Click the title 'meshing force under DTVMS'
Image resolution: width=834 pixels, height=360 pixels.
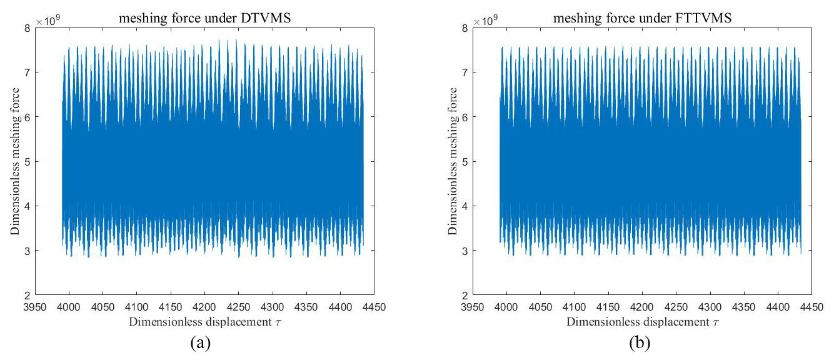point(204,19)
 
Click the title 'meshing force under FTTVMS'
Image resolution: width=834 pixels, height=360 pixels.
point(641,19)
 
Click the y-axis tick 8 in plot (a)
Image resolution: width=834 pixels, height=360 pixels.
point(26,28)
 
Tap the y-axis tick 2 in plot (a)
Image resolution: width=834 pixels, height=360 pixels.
point(26,296)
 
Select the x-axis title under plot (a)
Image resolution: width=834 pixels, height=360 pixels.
point(204,322)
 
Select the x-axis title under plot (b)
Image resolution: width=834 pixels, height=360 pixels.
point(641,322)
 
